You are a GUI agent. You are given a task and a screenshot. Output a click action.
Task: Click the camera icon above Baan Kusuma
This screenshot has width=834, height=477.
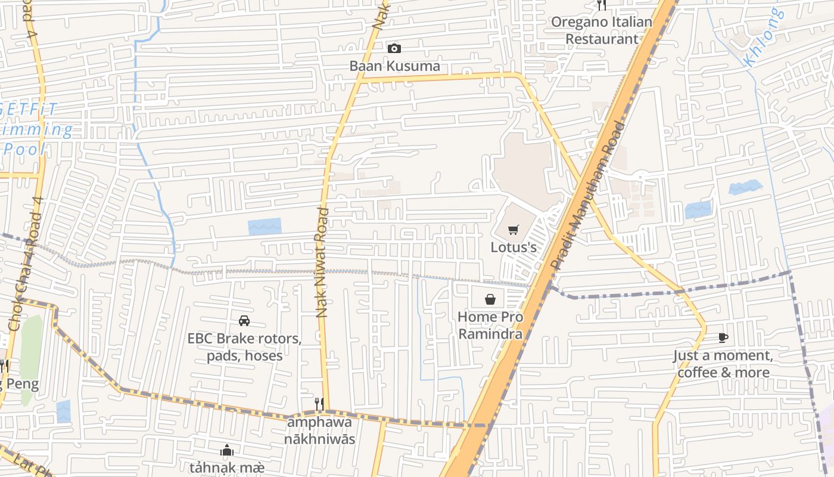click(x=394, y=48)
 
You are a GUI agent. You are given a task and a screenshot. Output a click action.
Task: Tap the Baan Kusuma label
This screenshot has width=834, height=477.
click(x=394, y=66)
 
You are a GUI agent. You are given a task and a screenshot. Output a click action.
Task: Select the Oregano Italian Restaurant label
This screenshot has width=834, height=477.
click(x=602, y=30)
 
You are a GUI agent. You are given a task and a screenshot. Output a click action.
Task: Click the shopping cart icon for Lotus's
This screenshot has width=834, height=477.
click(x=514, y=230)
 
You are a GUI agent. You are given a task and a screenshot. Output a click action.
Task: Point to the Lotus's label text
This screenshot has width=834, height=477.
click(x=514, y=247)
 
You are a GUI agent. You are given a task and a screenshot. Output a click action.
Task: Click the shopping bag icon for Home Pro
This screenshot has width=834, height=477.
click(x=490, y=299)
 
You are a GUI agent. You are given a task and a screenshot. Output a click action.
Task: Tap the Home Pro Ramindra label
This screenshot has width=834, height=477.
click(x=490, y=325)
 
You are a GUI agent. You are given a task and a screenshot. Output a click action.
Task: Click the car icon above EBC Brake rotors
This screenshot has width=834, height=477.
click(x=244, y=321)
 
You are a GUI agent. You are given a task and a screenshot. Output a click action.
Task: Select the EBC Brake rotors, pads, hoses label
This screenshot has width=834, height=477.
click(x=244, y=347)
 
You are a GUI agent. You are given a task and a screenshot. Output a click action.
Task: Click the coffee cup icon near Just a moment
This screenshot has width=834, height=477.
click(x=723, y=338)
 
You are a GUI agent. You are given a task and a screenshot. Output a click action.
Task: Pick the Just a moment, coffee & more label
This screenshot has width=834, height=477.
click(x=723, y=364)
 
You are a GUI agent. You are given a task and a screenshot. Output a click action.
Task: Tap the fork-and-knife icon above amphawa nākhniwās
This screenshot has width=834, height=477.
click(x=319, y=404)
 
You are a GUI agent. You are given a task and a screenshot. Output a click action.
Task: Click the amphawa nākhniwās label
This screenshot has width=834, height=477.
click(x=319, y=430)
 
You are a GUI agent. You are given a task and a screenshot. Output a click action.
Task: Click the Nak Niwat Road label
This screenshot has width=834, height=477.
click(x=322, y=262)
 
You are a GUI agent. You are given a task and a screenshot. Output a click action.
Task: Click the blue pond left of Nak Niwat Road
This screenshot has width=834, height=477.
click(x=264, y=227)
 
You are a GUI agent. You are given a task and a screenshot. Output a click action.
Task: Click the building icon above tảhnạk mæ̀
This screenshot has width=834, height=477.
click(x=227, y=450)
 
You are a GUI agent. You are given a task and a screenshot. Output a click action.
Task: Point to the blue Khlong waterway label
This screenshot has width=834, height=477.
click(x=763, y=37)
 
